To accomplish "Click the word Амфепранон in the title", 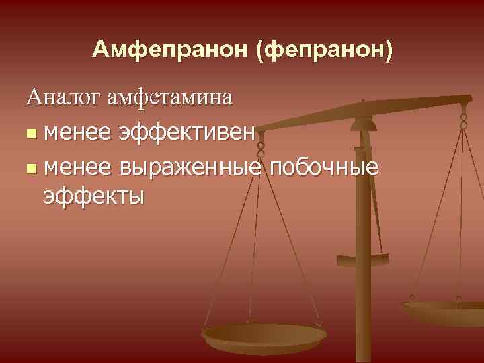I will pyautogui.click(x=171, y=49).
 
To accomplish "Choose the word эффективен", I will pyautogui.click(x=188, y=132).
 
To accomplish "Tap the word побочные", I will pyautogui.click(x=323, y=165).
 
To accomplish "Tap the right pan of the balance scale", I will pyautogui.click(x=444, y=311).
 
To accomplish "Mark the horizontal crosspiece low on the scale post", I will pyautogui.click(x=363, y=259).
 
